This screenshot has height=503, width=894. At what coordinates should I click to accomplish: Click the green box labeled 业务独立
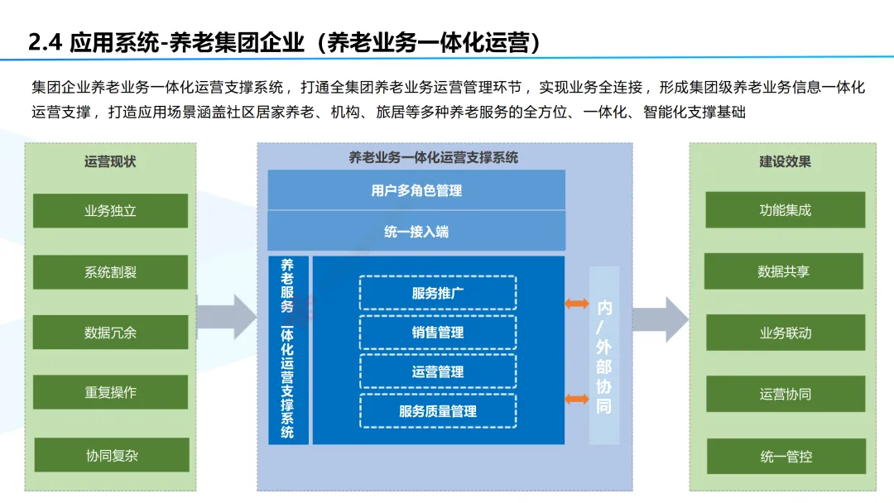click(110, 211)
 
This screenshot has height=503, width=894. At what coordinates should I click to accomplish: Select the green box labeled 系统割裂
click(110, 272)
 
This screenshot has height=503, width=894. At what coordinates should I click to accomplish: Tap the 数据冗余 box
click(110, 333)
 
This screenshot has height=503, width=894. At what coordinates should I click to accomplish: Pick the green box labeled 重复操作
click(110, 392)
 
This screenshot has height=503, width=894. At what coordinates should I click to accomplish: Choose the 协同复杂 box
click(110, 455)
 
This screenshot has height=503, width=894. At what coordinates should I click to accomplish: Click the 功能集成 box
click(785, 210)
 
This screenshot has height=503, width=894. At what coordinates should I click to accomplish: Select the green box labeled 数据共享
click(783, 271)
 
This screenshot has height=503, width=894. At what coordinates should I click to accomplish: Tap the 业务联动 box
click(785, 333)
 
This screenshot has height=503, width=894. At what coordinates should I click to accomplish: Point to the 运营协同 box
click(785, 394)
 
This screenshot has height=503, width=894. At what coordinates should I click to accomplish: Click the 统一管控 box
click(785, 456)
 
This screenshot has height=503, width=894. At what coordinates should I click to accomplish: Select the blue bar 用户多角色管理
click(416, 190)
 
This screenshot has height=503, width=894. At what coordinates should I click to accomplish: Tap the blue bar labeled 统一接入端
click(416, 232)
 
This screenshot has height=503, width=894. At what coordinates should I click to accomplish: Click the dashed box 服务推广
click(438, 293)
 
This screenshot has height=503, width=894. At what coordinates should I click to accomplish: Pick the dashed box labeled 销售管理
click(438, 333)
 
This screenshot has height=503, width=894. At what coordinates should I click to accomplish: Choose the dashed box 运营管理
click(438, 371)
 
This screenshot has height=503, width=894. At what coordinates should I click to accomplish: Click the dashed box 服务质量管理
click(438, 411)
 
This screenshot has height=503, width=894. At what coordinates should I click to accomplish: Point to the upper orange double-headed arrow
click(577, 304)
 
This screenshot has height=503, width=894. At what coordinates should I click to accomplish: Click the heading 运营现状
click(110, 161)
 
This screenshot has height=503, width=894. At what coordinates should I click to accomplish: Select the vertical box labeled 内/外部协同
click(604, 356)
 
